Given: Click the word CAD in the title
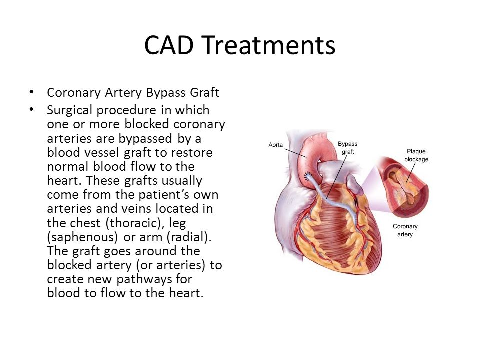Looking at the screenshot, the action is click(x=169, y=45).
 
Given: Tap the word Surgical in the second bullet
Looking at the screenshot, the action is click(x=70, y=110).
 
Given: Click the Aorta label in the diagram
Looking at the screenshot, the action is click(x=276, y=145).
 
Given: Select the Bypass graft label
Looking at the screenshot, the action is click(x=348, y=148).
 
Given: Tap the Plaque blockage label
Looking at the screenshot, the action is click(x=416, y=155).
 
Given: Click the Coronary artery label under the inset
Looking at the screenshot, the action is click(x=405, y=230).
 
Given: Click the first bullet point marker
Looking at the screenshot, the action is click(x=31, y=92).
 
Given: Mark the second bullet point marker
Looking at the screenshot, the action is click(x=31, y=109).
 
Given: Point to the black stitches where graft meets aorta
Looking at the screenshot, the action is click(x=307, y=176).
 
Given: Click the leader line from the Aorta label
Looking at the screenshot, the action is click(x=295, y=153).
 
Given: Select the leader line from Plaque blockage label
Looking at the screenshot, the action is click(x=411, y=172).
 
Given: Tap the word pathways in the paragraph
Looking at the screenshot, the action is click(x=144, y=279).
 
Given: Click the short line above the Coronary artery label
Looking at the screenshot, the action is click(x=405, y=217).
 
